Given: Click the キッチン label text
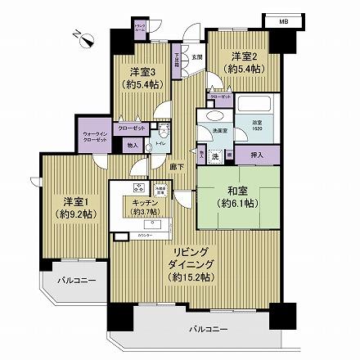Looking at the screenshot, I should click(140, 205).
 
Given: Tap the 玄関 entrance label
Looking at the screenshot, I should click(196, 57).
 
